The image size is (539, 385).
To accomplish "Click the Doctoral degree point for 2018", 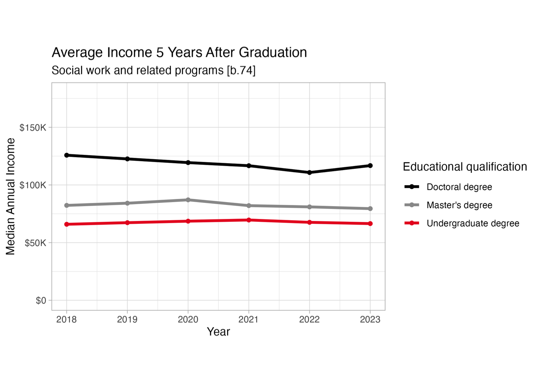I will (x=67, y=155).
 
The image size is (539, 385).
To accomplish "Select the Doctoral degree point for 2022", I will (x=310, y=172).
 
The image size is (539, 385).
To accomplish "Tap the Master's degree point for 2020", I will (x=188, y=200).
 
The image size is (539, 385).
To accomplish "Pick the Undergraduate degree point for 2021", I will (x=249, y=220).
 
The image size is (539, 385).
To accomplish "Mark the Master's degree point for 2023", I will (x=370, y=209).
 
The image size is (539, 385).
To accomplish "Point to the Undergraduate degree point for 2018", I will (x=67, y=224).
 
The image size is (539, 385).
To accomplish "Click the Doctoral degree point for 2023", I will (x=370, y=166).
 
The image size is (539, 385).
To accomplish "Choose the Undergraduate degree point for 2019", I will (x=128, y=223).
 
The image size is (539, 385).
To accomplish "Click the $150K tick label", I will (x=33, y=128).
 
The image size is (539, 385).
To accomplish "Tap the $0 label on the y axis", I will (x=41, y=300).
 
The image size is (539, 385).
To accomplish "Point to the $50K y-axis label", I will (x=35, y=243).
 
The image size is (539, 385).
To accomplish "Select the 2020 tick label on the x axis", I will (x=188, y=320).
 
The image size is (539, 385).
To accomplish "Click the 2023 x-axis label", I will (x=370, y=320).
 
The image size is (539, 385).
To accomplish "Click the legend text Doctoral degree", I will (x=459, y=187).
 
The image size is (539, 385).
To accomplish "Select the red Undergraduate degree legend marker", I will (x=412, y=223).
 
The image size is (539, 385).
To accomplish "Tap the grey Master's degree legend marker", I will (x=412, y=205).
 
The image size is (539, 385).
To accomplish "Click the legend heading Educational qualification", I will (x=465, y=167).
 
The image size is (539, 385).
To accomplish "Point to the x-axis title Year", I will (x=218, y=332).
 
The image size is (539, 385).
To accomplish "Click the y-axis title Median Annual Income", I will (x=10, y=197).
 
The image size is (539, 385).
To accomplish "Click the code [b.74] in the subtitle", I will (x=241, y=71).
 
